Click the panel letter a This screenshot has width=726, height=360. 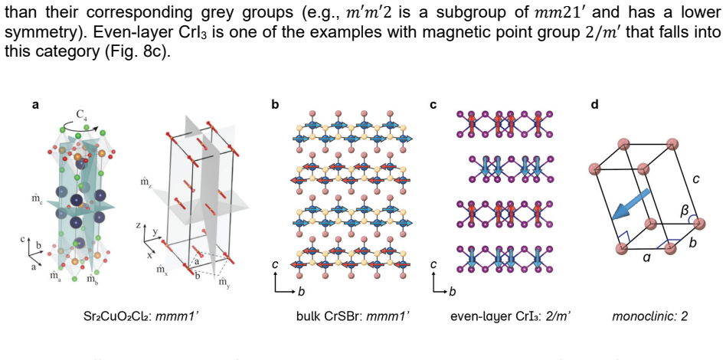[34, 105]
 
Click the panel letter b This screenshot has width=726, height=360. [276, 105]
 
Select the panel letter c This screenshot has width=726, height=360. [433, 105]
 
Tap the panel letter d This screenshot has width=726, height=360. [595, 105]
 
